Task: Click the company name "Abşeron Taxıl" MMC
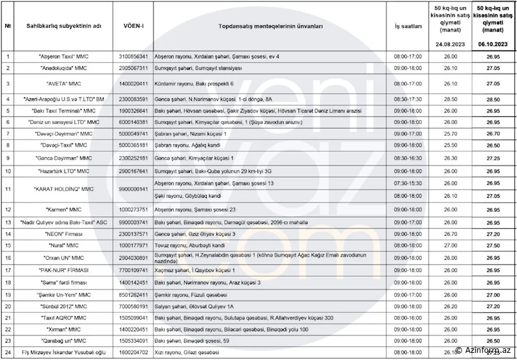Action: (x=63, y=57)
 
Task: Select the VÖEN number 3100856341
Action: (x=134, y=57)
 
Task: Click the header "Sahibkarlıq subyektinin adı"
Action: (x=63, y=27)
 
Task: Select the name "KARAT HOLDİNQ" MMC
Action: (x=63, y=189)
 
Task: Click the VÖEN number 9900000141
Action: (x=134, y=189)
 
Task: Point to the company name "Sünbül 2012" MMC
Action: (x=63, y=306)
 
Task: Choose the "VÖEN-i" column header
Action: (x=134, y=27)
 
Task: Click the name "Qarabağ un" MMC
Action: (x=63, y=340)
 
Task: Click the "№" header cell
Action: (x=8, y=27)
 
